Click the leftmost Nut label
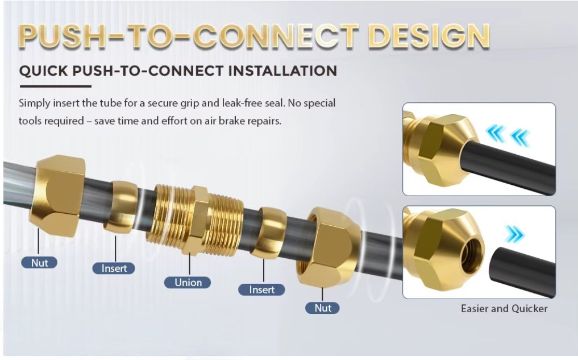click(39, 263)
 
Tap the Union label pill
click(188, 283)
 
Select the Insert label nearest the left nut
click(114, 268)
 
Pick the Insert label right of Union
click(262, 289)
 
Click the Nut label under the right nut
click(323, 308)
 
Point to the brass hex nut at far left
click(57, 195)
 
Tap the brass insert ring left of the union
click(121, 207)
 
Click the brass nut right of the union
click(329, 247)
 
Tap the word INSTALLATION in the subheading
click(282, 71)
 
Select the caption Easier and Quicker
click(504, 308)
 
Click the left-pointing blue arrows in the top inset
click(508, 136)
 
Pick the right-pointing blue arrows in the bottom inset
click(514, 234)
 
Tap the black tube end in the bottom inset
click(522, 271)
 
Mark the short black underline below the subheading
click(55, 86)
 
